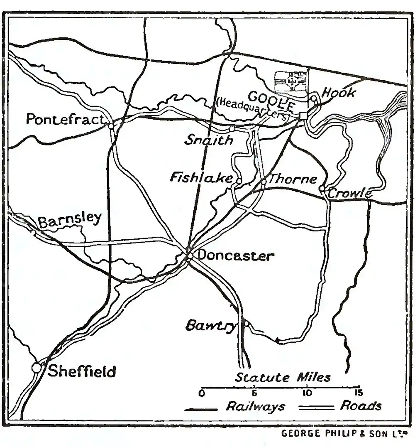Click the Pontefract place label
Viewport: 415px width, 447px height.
coord(65,120)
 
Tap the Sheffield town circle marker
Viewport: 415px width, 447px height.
coord(37,368)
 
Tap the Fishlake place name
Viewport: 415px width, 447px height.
coord(201,178)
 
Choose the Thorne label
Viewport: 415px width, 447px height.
coord(293,179)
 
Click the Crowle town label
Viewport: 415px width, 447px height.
coord(349,193)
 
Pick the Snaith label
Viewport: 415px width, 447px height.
coord(209,140)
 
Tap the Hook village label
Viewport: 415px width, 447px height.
coord(339,93)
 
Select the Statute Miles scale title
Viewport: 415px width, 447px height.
coord(283,377)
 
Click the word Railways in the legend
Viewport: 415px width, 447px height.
coord(255,406)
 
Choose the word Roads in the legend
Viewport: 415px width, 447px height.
coord(361,406)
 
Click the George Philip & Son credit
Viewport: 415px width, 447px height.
coord(344,434)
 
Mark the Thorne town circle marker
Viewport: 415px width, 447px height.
coord(263,182)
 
